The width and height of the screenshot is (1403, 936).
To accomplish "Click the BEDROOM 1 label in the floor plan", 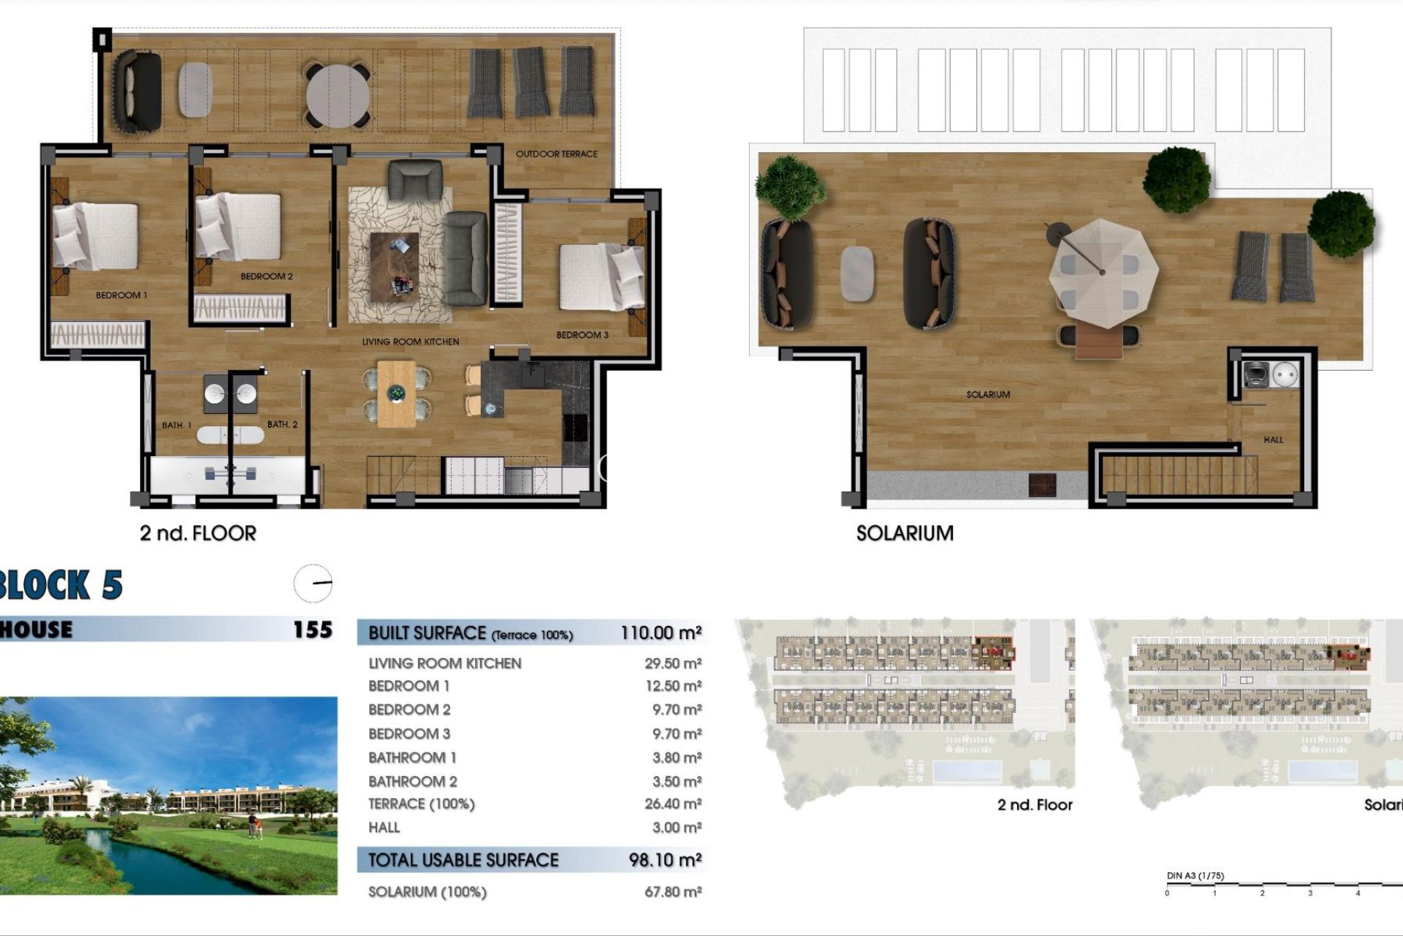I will click(x=121, y=295).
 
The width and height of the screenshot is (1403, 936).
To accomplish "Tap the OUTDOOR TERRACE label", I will click(x=556, y=154).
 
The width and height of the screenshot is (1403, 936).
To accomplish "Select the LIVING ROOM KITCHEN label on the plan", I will click(x=411, y=341).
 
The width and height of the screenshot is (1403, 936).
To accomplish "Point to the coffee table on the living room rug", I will click(x=395, y=267).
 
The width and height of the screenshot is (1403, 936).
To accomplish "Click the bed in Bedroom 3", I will click(x=601, y=277).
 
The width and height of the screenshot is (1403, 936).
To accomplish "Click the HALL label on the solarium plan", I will click(x=1273, y=439).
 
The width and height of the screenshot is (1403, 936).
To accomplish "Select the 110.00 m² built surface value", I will click(x=661, y=633).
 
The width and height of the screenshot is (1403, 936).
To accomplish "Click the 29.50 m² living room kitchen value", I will click(x=672, y=664).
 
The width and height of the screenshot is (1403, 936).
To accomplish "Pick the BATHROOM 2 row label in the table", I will click(x=412, y=782).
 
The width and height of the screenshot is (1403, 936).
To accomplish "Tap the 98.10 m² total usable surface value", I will click(x=665, y=861).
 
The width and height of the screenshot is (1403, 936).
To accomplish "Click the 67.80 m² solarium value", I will click(x=672, y=892).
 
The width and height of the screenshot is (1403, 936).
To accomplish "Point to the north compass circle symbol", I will click(x=313, y=584).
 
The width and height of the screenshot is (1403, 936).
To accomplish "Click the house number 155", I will click(x=312, y=630).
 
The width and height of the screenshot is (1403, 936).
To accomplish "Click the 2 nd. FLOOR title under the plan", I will click(x=198, y=534).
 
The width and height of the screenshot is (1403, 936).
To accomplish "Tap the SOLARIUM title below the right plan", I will click(x=905, y=534).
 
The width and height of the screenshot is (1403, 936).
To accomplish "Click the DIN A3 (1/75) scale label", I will click(x=1195, y=876).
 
